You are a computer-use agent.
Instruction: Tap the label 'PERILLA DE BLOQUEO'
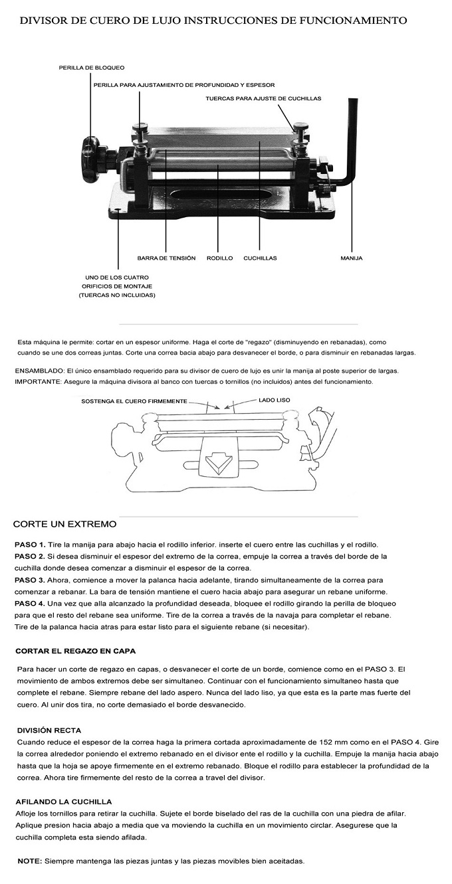(x=92, y=68)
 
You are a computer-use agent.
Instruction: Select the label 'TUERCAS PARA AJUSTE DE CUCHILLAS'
(x=263, y=98)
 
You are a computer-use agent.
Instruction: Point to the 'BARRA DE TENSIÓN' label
(x=166, y=258)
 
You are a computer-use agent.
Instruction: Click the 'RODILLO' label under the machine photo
(x=219, y=258)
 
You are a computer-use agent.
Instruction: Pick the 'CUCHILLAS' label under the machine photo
(x=260, y=258)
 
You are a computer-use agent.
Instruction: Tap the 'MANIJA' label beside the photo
(x=351, y=258)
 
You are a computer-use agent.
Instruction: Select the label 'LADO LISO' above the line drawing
(x=275, y=400)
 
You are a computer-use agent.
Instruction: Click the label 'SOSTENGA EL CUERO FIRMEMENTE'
(x=134, y=402)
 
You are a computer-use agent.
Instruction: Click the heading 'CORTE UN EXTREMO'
(x=64, y=525)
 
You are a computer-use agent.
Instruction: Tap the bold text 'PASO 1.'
(x=30, y=545)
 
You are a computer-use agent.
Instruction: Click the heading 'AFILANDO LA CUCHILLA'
(x=63, y=802)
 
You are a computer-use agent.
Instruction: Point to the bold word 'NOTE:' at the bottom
(x=29, y=861)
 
